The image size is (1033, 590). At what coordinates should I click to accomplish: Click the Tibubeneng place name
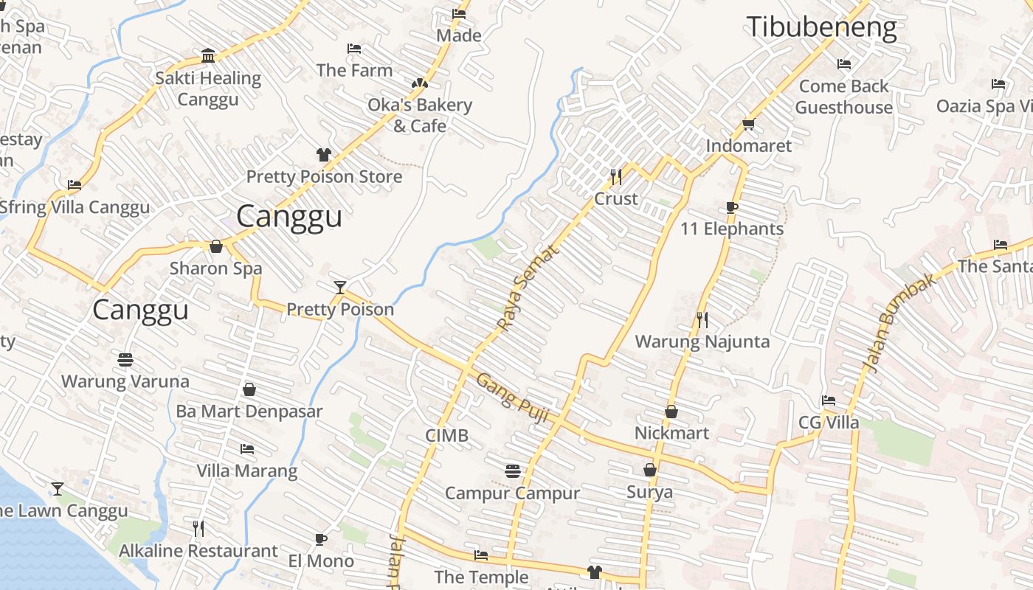click(822, 27)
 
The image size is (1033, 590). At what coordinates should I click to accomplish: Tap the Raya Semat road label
click(528, 288)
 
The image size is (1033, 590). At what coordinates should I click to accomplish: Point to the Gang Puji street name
click(512, 398)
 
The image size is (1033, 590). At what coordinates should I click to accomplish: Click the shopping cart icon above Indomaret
click(748, 125)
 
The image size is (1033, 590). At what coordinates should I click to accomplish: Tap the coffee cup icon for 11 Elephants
click(731, 207)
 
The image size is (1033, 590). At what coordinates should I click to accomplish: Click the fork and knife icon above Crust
click(616, 176)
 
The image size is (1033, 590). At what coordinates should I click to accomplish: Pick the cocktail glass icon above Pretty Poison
click(339, 287)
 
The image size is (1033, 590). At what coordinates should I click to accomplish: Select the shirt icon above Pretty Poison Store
click(324, 154)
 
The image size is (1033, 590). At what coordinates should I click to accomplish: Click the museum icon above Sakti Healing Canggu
click(208, 56)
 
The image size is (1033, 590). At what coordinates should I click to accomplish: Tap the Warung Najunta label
click(702, 341)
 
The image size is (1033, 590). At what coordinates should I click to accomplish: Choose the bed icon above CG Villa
click(829, 400)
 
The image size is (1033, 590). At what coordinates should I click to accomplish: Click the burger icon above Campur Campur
click(512, 471)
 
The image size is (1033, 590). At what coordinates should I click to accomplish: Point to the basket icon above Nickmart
click(671, 411)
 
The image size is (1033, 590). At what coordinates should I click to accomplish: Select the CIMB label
click(446, 435)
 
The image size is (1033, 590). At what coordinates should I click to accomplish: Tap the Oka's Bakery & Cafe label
click(420, 115)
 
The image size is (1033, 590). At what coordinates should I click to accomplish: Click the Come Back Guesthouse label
click(844, 97)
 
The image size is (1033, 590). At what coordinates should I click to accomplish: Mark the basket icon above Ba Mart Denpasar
click(249, 389)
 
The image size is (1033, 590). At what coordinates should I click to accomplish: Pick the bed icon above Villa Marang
click(247, 448)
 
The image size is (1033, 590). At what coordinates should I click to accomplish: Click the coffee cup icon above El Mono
click(321, 539)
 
